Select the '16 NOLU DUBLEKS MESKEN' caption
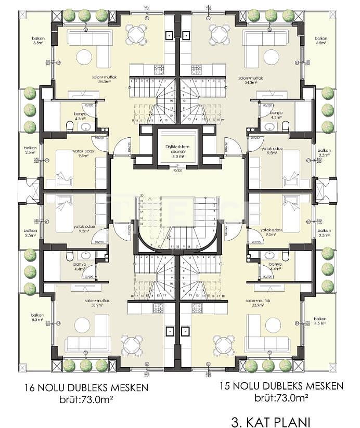click(x=86, y=387)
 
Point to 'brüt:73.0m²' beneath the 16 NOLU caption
click(x=86, y=399)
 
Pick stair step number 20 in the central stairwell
click(x=142, y=197)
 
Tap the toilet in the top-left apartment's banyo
click(x=69, y=126)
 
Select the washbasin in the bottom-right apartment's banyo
click(x=270, y=255)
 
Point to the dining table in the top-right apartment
click(x=220, y=35)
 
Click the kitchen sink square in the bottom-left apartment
click(x=170, y=330)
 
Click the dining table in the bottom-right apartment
click(x=224, y=344)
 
